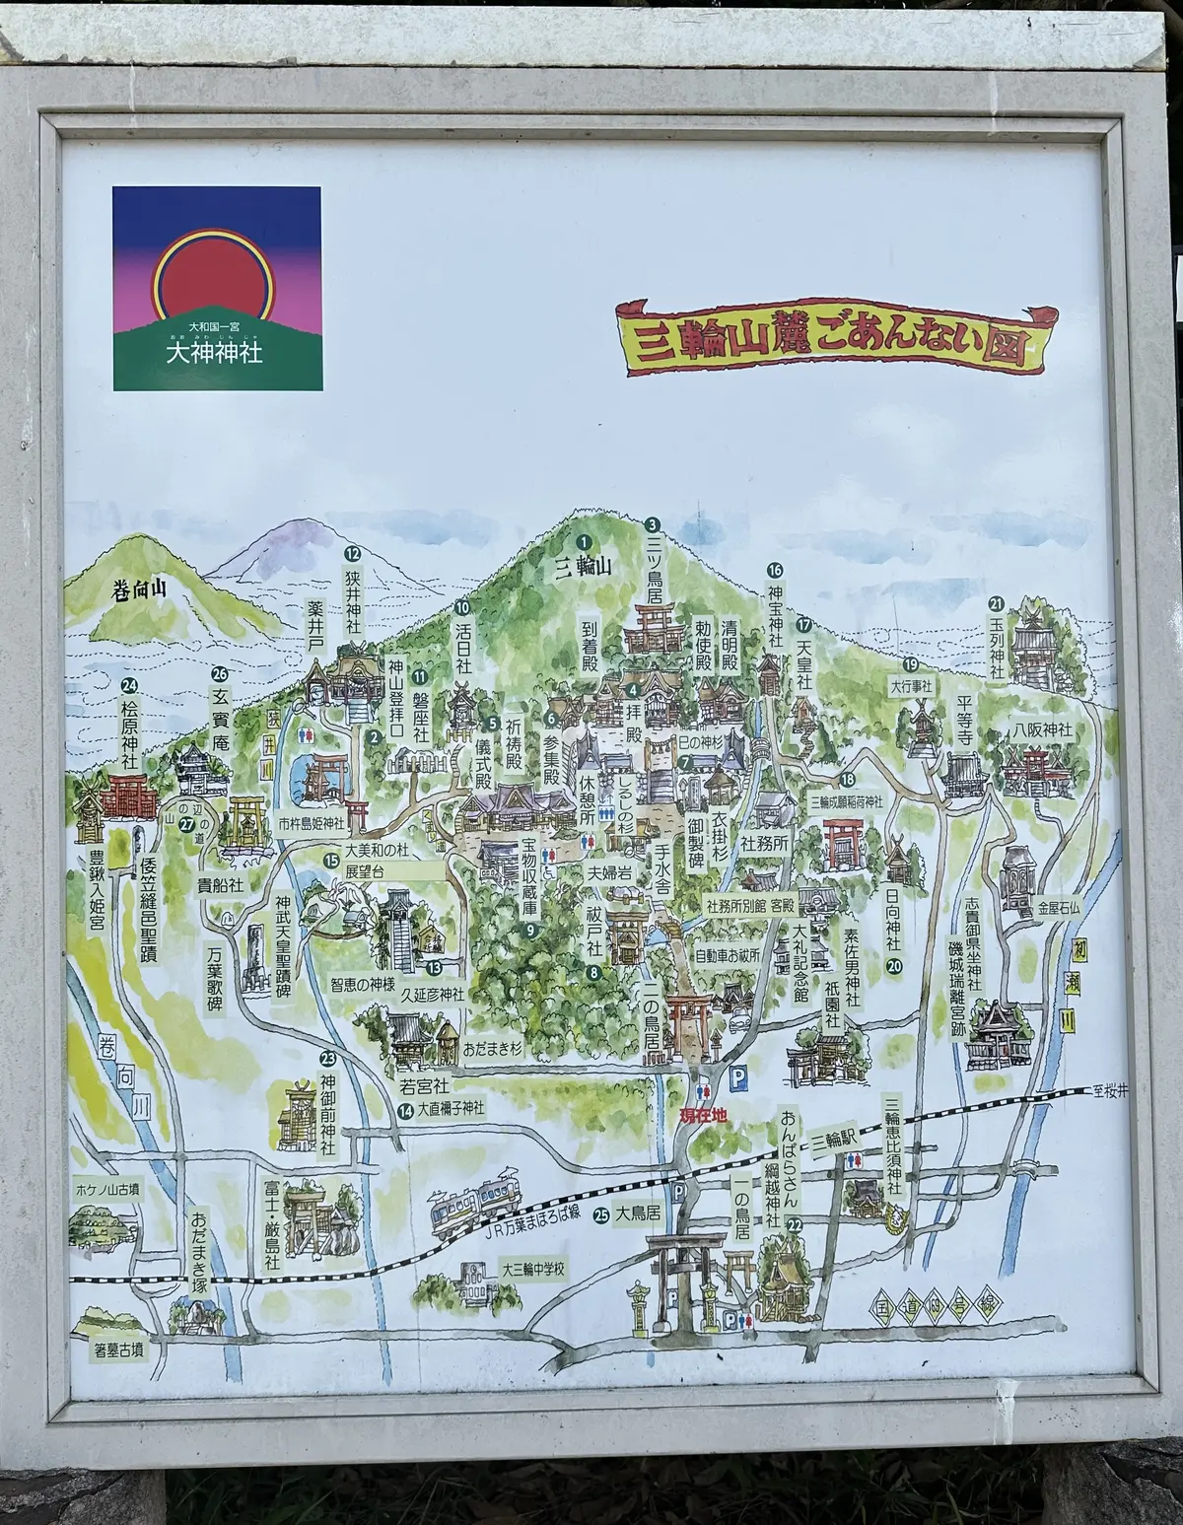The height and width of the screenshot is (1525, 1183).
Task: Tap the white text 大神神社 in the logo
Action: pos(216,351)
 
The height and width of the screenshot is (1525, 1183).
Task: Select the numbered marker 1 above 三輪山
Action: pos(584,541)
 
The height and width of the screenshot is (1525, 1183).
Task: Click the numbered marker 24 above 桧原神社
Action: pos(127,687)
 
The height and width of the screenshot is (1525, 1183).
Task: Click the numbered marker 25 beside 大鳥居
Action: pos(599,1216)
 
